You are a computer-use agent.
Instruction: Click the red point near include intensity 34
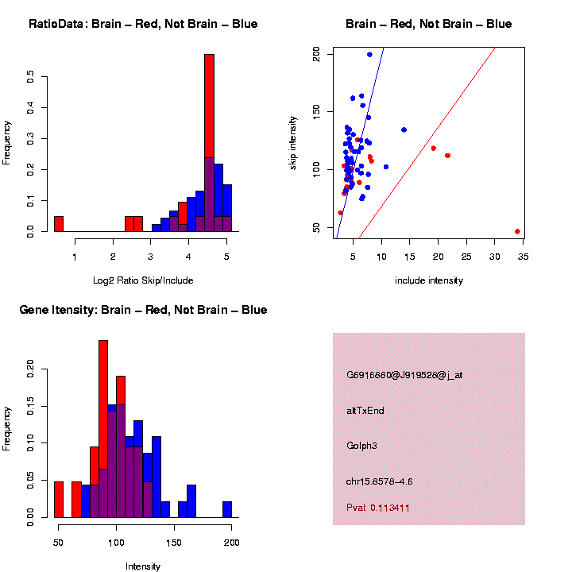(517, 231)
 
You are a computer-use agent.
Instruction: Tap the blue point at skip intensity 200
(369, 55)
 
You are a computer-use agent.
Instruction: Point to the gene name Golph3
(361, 446)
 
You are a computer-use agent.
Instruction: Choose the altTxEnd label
(365, 411)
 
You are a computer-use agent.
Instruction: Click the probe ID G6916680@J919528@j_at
(404, 375)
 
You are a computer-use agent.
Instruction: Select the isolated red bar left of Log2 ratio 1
(59, 223)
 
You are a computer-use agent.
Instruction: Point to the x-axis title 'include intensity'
(429, 280)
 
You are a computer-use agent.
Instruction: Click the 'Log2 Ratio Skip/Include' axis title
(142, 280)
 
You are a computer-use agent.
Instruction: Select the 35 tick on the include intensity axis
(523, 255)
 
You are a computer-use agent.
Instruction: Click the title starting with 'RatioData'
(143, 24)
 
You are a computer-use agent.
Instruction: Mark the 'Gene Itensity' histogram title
(143, 310)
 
